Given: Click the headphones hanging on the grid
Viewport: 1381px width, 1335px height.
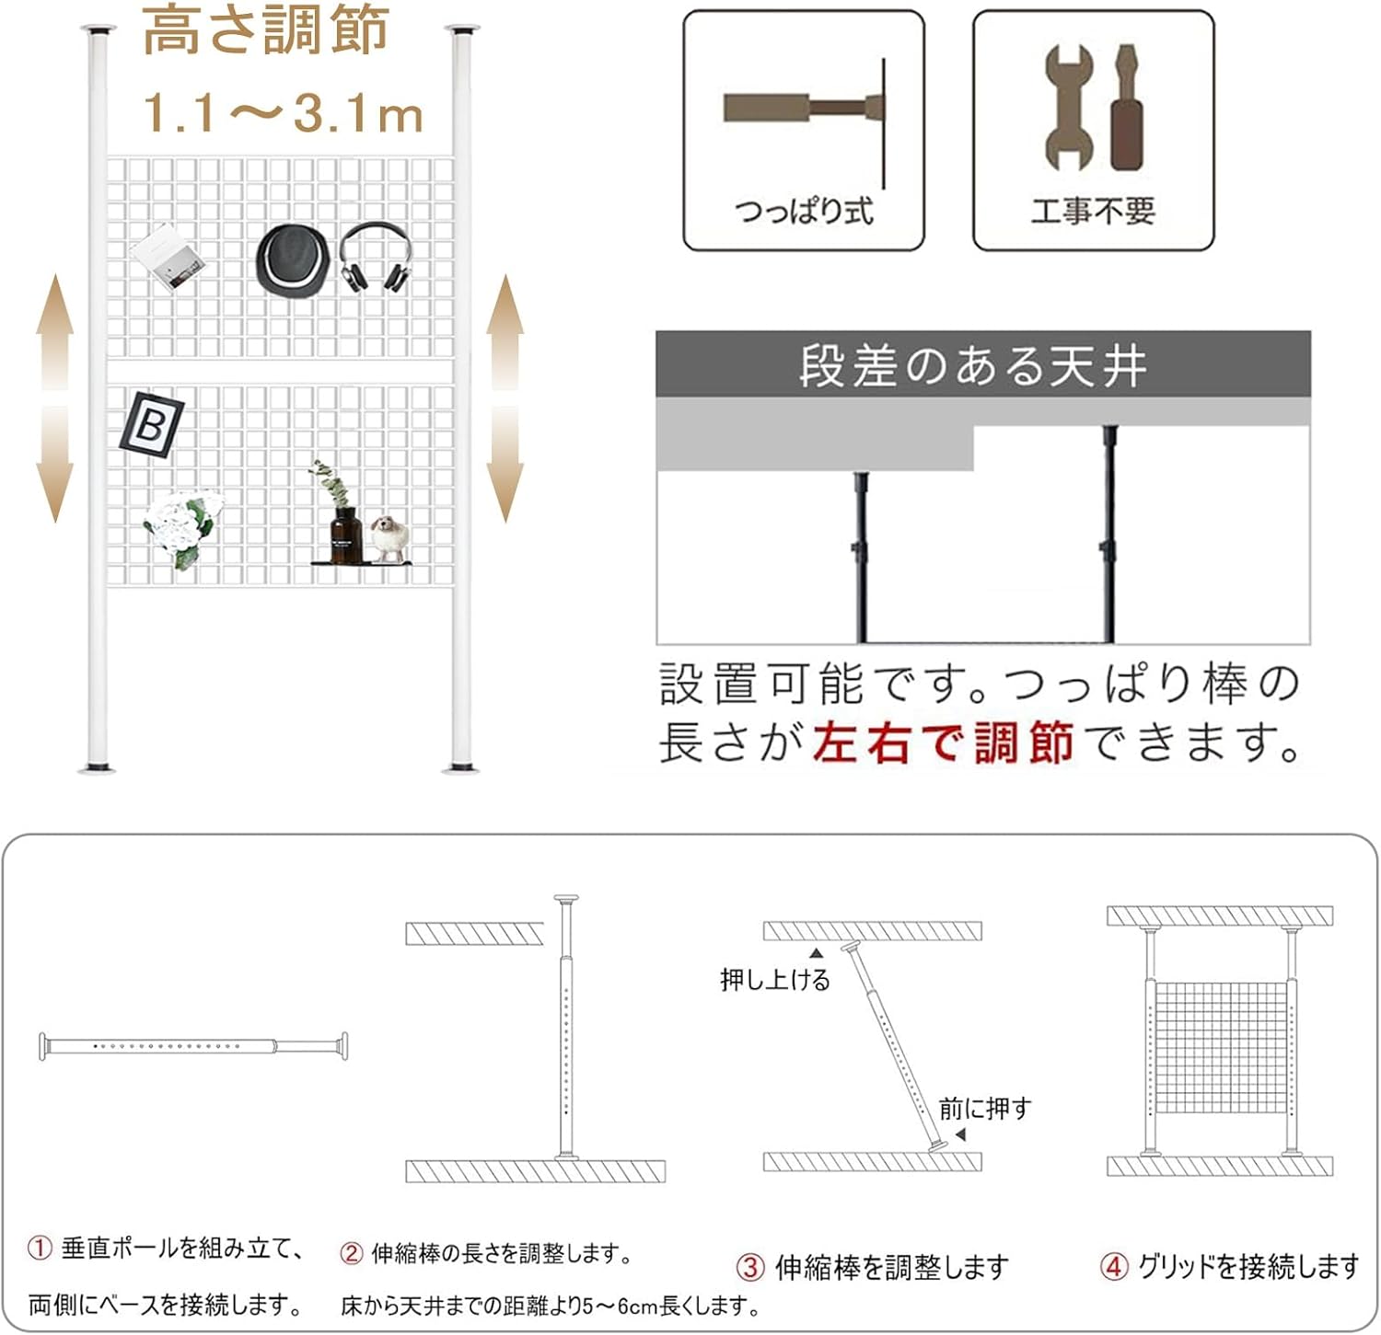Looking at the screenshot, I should [375, 258].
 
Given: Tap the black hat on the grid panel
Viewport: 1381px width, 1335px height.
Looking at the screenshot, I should [292, 259].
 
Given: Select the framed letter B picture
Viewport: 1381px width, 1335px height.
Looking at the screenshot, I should [151, 424].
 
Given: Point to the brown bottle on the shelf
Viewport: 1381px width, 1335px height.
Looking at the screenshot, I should [346, 535].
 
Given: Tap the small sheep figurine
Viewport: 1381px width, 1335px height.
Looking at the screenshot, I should [389, 537].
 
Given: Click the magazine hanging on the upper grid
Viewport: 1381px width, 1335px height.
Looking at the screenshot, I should [167, 257].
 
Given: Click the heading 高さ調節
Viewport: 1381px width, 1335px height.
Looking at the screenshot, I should [266, 29].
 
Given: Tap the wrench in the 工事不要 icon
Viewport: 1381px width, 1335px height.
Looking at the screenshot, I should [1069, 107].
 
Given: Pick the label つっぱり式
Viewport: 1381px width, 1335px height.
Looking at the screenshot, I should [804, 212].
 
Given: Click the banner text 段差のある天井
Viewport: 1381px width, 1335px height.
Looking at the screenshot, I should [972, 365].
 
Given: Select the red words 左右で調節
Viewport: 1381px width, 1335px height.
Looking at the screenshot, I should [943, 742].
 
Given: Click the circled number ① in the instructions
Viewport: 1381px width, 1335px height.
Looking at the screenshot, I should [40, 1249].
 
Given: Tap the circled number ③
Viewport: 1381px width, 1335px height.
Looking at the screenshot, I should [750, 1268].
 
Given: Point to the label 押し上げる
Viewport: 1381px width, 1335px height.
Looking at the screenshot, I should [775, 980].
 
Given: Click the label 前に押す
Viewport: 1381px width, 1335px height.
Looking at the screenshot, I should [984, 1109].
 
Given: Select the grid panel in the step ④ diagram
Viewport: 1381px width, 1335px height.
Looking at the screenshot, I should [1220, 1047].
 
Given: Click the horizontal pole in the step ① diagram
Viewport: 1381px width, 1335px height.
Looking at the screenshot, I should [193, 1046].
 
